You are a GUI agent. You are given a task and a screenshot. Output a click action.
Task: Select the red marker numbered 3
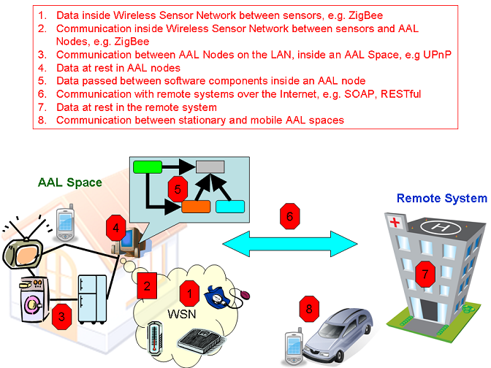62,316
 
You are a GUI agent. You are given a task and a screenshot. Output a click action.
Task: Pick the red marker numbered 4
114,229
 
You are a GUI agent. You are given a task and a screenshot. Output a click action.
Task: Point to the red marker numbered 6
290,215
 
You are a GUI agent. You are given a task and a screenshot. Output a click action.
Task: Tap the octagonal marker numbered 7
425,273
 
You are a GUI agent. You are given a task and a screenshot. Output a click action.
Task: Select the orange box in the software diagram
196,206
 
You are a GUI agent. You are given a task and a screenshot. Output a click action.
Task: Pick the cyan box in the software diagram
229,206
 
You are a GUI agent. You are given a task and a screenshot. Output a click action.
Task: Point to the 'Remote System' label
441,198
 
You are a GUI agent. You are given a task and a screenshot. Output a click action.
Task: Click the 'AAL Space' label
69,183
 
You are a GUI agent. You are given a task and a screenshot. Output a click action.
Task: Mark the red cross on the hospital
395,221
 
